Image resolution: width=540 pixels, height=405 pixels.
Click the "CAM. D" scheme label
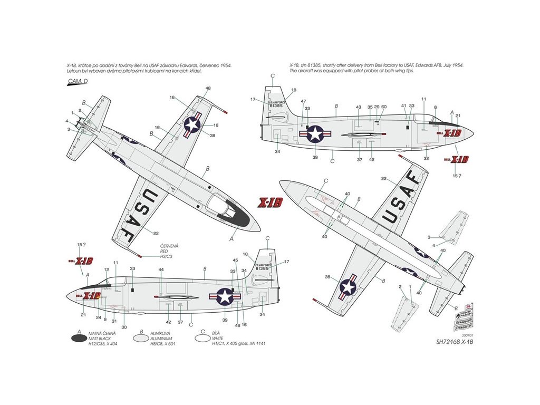click(78, 81)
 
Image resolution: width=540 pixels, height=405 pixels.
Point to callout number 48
click(208, 88)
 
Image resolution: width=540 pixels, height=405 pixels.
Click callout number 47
click(303, 101)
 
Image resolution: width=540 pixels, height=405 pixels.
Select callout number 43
click(359, 107)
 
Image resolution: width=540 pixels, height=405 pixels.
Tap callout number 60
click(384, 107)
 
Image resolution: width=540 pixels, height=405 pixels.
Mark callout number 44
click(161, 270)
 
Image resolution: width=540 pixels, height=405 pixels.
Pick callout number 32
click(426, 158)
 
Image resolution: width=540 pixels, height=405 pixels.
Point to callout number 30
click(124, 327)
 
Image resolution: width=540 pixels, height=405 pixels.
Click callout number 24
click(98, 317)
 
